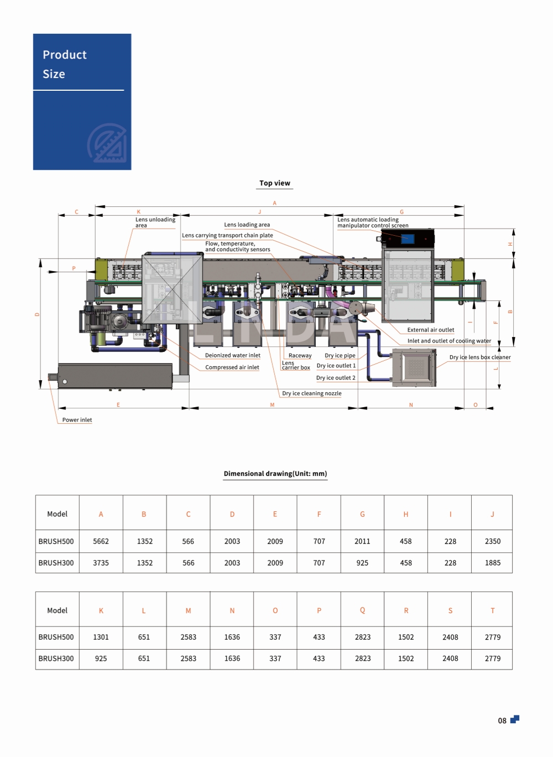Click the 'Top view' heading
(275, 183)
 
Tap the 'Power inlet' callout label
(77, 420)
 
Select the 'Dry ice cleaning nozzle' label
(312, 393)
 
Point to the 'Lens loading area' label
(247, 225)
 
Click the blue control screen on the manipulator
(408, 238)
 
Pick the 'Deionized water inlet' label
(233, 355)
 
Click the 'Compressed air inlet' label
(232, 367)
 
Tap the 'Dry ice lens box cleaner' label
(480, 357)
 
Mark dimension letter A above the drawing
(275, 203)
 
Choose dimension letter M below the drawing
(272, 405)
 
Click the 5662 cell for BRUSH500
(101, 541)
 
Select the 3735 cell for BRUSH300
(101, 563)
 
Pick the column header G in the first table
(362, 514)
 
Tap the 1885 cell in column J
(493, 563)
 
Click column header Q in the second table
(362, 610)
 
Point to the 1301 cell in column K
(101, 637)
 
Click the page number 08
(502, 720)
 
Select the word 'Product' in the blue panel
(65, 55)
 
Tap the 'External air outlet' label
(431, 330)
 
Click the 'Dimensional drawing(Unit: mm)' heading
(275, 474)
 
